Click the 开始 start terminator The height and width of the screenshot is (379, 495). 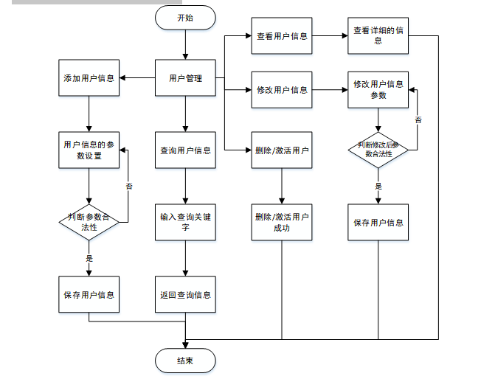(x=185, y=18)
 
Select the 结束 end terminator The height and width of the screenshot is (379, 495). (x=185, y=361)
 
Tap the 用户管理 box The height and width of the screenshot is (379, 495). (x=185, y=77)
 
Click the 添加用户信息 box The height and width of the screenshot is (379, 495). (x=89, y=77)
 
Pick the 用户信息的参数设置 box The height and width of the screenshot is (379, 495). (x=89, y=150)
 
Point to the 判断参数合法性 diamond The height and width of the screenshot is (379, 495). (x=89, y=221)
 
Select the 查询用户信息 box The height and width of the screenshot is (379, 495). (x=185, y=150)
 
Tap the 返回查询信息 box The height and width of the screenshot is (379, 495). (x=185, y=294)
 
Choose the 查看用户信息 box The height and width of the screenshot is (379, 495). (x=282, y=35)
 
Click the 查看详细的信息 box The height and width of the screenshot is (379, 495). (x=378, y=35)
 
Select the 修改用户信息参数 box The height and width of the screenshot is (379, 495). (x=378, y=89)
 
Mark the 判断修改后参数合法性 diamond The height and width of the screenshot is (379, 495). (x=378, y=150)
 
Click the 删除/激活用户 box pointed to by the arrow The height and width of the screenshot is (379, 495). (x=282, y=150)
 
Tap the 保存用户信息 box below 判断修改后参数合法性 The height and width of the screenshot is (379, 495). (x=378, y=222)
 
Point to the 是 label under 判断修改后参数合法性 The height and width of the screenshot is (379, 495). (x=378, y=187)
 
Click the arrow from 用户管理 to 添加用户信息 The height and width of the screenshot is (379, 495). (x=136, y=77)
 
